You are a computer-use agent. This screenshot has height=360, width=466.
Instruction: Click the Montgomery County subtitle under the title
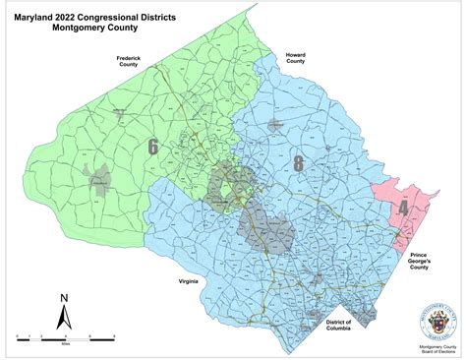(96, 29)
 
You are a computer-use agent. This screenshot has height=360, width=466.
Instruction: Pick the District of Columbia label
(338, 325)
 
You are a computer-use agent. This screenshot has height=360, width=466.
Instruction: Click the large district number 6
(151, 148)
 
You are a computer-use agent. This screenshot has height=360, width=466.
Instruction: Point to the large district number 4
(402, 209)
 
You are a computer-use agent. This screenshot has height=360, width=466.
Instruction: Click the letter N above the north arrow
(63, 297)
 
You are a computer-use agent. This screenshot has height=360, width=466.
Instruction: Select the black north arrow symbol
(63, 317)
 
